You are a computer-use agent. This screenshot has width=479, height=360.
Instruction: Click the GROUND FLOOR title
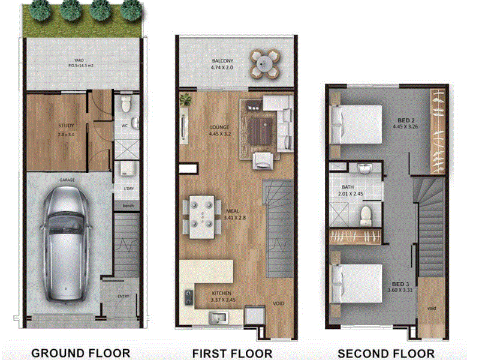[80, 353]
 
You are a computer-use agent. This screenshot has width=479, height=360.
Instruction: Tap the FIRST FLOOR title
[232, 353]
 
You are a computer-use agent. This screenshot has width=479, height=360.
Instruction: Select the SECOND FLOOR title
[386, 353]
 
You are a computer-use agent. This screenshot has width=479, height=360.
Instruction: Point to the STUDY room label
[67, 125]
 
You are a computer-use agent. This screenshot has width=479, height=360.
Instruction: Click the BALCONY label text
[222, 62]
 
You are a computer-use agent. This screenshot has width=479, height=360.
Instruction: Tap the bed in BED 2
[357, 124]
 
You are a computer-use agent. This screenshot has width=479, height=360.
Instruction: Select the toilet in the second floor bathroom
[366, 214]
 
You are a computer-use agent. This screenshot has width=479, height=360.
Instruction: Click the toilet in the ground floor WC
[125, 106]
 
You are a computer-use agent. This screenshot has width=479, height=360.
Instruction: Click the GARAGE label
[65, 179]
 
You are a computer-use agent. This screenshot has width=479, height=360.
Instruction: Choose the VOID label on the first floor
[279, 304]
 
